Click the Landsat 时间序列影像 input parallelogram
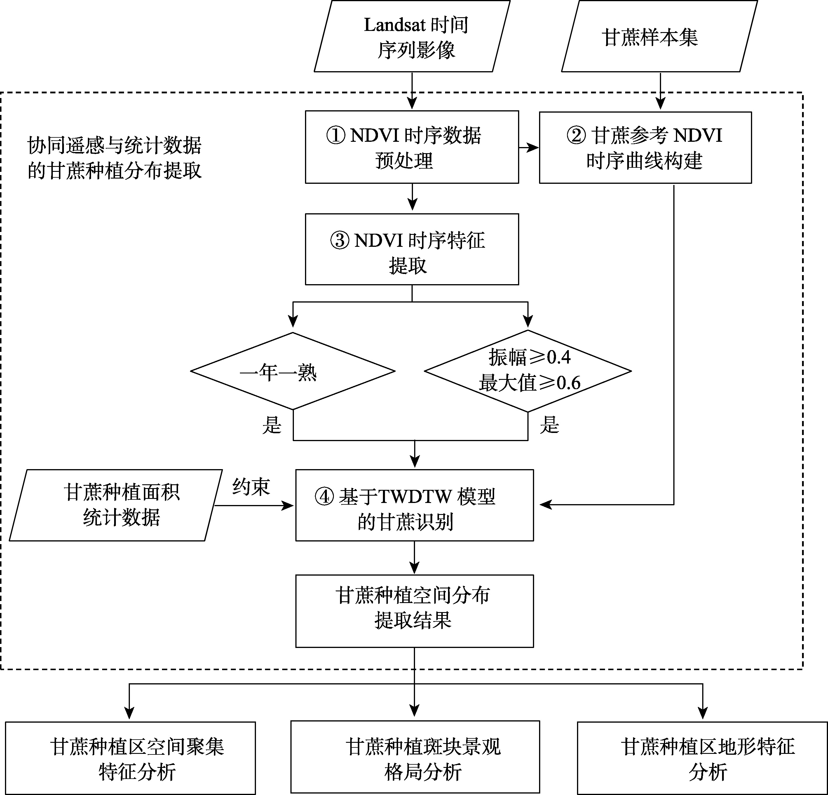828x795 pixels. point(412,37)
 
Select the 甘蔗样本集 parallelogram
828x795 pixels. point(659,37)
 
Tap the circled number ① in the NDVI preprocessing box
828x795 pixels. point(336,136)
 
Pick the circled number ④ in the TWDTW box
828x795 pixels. point(325,497)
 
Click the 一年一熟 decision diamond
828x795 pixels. point(293,371)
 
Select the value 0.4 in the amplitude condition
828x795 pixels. point(559,358)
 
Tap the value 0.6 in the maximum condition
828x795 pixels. point(569,383)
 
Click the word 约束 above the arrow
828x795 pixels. point(251,487)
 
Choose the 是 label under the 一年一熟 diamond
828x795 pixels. point(272,425)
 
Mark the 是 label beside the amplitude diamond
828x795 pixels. point(549,425)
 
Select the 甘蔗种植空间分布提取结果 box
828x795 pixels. point(414,611)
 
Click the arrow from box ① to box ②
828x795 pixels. point(529,147)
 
